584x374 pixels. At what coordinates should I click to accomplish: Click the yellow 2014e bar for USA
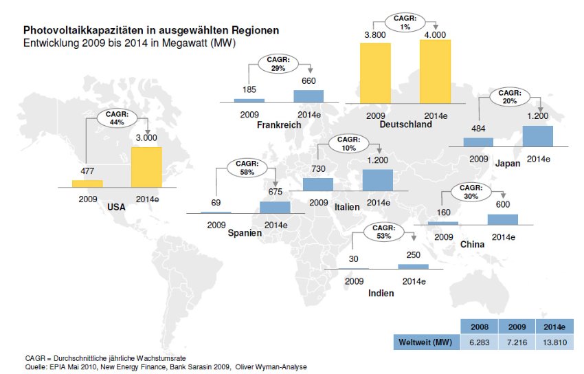146,167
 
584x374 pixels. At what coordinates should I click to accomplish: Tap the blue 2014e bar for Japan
537,135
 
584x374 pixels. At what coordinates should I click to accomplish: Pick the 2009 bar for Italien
318,184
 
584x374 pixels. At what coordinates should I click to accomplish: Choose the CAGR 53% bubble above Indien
384,232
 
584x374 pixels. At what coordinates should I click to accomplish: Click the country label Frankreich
279,125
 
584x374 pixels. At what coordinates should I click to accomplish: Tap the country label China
472,244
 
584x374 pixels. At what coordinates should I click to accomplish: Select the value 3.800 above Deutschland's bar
375,34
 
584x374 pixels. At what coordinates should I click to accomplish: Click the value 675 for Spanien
275,192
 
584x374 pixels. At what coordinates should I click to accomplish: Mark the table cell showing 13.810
554,341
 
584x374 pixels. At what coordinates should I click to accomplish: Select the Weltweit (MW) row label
424,341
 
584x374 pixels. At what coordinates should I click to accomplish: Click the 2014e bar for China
502,219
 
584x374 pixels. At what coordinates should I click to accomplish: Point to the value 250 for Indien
413,255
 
